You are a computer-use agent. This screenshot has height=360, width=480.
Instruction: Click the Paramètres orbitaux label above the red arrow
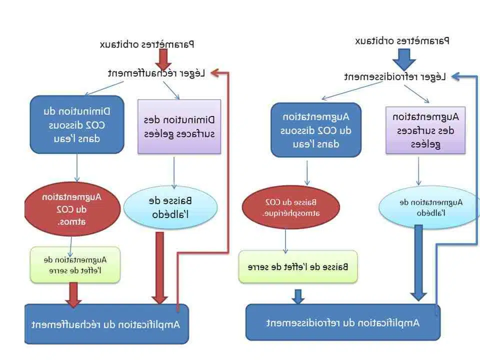147,44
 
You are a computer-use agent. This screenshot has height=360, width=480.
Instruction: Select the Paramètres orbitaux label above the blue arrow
402,40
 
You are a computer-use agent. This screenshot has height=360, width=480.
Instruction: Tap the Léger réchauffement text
157,73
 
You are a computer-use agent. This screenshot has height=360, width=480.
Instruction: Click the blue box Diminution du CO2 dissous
76,124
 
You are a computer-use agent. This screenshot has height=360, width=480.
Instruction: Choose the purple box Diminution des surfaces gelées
179,126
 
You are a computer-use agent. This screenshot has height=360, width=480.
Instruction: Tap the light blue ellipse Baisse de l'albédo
170,207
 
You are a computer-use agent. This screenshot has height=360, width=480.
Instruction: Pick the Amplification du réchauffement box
106,324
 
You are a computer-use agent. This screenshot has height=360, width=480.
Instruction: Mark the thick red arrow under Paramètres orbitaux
163,59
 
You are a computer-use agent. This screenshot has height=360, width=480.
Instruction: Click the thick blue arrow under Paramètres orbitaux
404,58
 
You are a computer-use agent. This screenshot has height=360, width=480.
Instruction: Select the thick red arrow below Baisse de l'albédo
159,267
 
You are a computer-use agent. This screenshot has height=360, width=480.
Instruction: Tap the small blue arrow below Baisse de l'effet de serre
298,296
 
